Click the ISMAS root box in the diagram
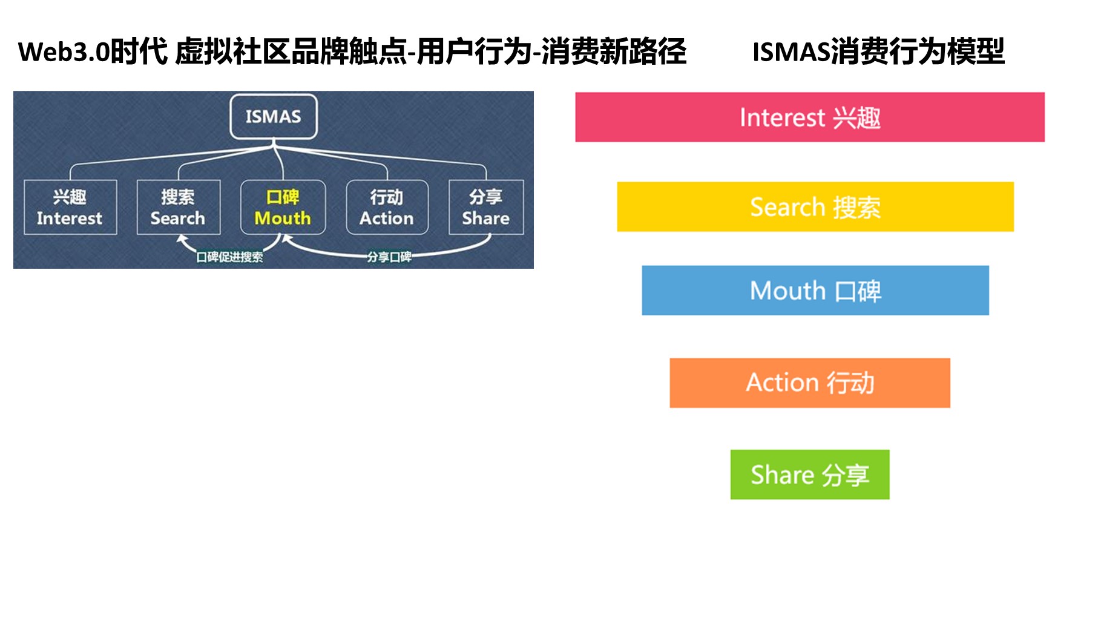tap(274, 116)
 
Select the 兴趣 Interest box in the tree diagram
tap(70, 207)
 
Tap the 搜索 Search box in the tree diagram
tap(179, 207)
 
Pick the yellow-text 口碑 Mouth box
tap(283, 207)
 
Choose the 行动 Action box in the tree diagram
tap(387, 207)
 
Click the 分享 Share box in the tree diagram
tap(486, 207)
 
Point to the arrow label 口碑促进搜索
tap(229, 257)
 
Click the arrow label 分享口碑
tap(389, 257)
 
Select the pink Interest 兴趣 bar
tap(810, 117)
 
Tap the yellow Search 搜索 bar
tap(815, 206)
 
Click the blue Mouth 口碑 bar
tap(815, 291)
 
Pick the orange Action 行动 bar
tap(810, 383)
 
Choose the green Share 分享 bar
tap(810, 475)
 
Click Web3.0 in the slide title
tap(64, 52)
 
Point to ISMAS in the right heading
tap(792, 52)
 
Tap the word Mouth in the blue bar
tap(788, 291)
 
